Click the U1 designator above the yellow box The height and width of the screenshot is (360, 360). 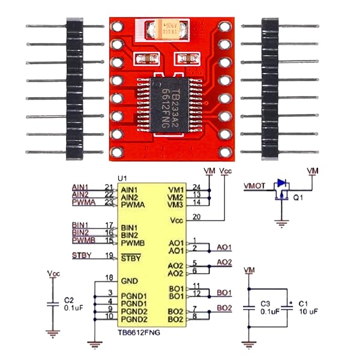click(123, 178)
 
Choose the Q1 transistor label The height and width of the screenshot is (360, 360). click(298, 196)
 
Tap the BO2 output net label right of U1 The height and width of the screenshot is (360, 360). click(224, 308)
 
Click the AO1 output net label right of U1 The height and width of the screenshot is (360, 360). click(224, 247)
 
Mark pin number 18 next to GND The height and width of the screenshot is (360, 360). click(109, 277)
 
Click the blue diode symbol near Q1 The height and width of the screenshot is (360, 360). click(279, 184)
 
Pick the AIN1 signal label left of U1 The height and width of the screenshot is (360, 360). click(80, 186)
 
